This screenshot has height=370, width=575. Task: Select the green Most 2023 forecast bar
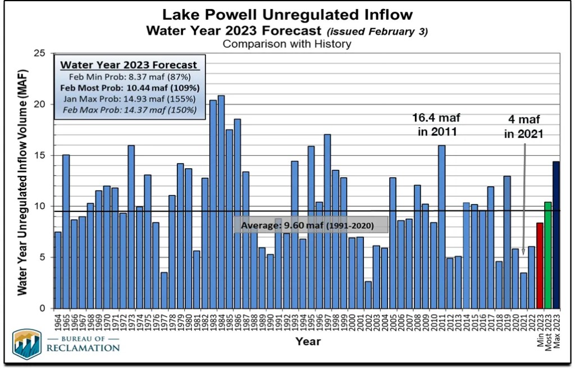click(x=548, y=255)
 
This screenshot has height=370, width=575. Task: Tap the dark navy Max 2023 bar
click(x=556, y=234)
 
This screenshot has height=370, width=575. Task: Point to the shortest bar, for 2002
click(x=368, y=294)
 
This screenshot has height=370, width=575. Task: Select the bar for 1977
click(x=164, y=290)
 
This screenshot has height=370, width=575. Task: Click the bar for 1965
click(x=66, y=231)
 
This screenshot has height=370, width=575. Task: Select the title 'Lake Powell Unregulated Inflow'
click(x=287, y=14)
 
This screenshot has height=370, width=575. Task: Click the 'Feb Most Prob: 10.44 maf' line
click(x=130, y=88)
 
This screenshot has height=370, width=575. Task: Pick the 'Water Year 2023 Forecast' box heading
click(x=129, y=65)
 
